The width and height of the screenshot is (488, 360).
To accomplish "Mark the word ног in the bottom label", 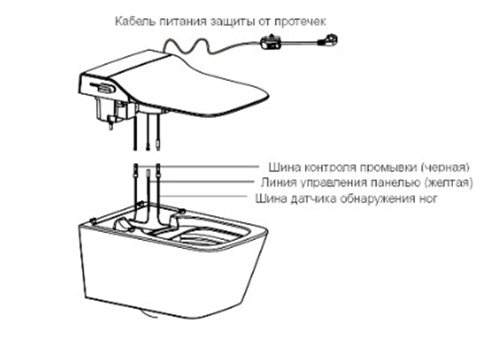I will click(x=429, y=198).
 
